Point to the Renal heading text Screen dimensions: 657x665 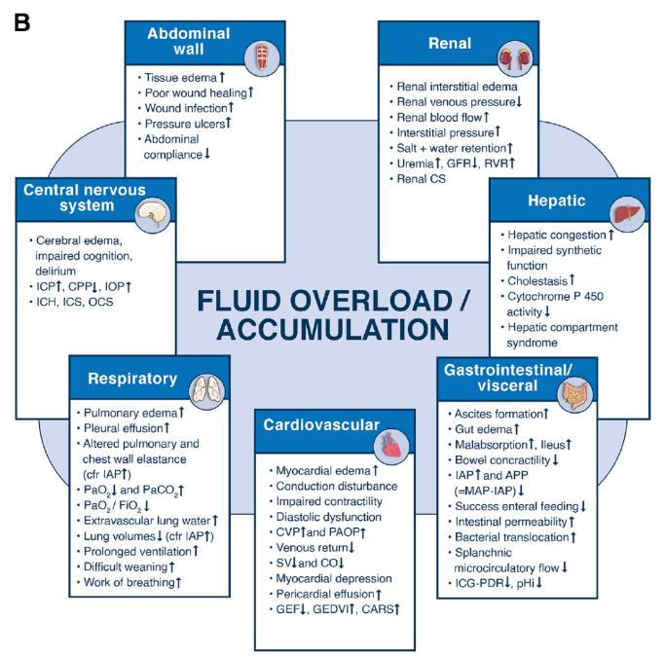tap(449, 43)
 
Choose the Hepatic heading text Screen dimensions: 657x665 tap(557, 201)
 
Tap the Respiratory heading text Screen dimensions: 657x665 tap(131, 379)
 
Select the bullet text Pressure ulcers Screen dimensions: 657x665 tap(185, 124)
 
